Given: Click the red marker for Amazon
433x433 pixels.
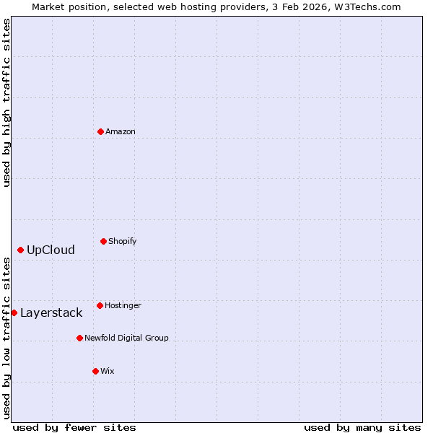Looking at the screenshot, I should pos(100,131).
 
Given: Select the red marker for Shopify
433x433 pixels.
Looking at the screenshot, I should pos(103,241).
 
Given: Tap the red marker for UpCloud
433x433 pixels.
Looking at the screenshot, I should pos(20,250).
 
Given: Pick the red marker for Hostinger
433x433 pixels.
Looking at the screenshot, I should pos(100,305).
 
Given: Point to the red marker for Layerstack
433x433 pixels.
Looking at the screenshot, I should pos(14,312).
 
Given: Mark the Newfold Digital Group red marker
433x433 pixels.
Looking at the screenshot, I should pos(79,338).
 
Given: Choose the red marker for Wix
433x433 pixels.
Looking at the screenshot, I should pos(95,371).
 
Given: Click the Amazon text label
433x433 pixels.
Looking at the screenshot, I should pos(121,131).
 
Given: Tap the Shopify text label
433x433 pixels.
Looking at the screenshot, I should pos(123,241).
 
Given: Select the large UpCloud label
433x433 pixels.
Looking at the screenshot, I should pos(51,250).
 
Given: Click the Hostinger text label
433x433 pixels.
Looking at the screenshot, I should pos(123,305).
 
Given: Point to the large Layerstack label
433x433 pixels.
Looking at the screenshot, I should pos(51,313).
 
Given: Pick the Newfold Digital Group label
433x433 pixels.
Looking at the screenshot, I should pos(126,338).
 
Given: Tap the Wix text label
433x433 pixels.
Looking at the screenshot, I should pos(107,371).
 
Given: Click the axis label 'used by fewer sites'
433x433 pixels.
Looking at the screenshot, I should pos(74,427).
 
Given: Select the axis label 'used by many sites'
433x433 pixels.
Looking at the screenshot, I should pos(362,427).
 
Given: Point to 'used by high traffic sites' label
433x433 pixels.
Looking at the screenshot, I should pos(6,102).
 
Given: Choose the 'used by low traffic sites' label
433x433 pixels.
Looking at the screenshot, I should pos(6,338).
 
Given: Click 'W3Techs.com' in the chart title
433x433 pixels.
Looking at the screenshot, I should pos(370,6).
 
